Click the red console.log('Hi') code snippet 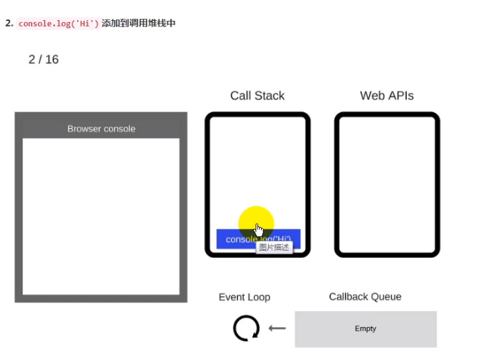(x=58, y=24)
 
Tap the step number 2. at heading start (x=9, y=24)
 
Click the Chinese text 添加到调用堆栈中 (x=138, y=24)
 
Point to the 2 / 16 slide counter (x=44, y=60)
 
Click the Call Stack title (x=257, y=96)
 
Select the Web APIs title (x=387, y=96)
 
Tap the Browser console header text (x=101, y=129)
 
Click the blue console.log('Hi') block (x=232, y=239)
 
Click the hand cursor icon (x=259, y=230)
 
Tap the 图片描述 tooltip (x=275, y=247)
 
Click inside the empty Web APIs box (x=387, y=185)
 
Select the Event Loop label (x=244, y=298)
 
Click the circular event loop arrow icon (x=246, y=328)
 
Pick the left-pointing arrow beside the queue (x=277, y=328)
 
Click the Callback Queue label (x=365, y=297)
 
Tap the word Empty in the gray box (x=365, y=329)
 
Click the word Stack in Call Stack (x=269, y=96)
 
